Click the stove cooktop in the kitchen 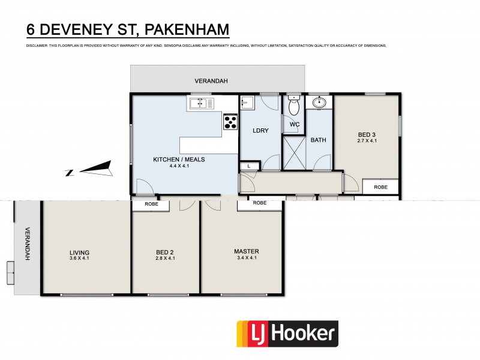pyautogui.click(x=230, y=122)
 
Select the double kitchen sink pyautogui.click(x=202, y=104)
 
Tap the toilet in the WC pyautogui.click(x=294, y=107)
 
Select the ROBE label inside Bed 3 pyautogui.click(x=381, y=187)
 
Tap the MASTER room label pyautogui.click(x=246, y=251)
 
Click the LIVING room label pyautogui.click(x=79, y=252)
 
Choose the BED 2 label pyautogui.click(x=164, y=252)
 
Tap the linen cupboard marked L pyautogui.click(x=249, y=166)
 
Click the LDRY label pyautogui.click(x=260, y=130)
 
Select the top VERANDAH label pyautogui.click(x=211, y=80)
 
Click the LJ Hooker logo pyautogui.click(x=287, y=335)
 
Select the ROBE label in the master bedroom pyautogui.click(x=260, y=203)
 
